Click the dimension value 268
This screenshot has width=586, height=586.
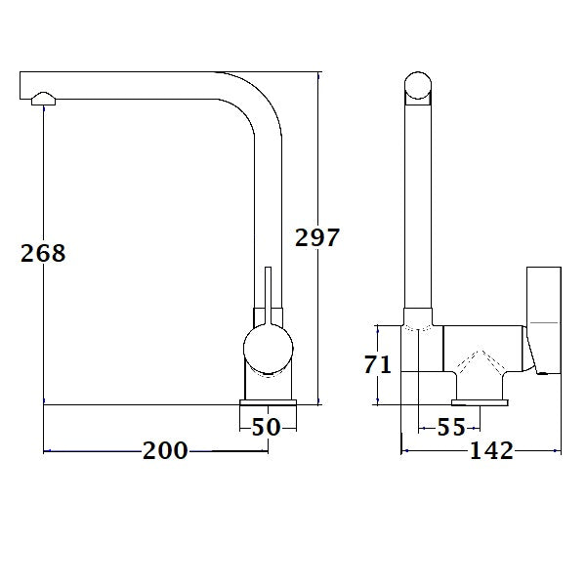(43, 253)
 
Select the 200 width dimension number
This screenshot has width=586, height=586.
(165, 450)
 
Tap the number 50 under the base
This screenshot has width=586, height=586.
(267, 428)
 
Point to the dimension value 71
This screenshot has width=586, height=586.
(378, 365)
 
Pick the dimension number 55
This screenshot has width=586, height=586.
(451, 428)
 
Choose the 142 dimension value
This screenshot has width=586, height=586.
(491, 450)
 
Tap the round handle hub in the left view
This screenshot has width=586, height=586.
(265, 350)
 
